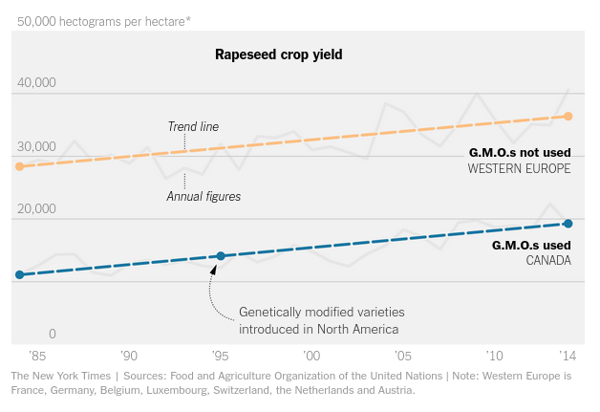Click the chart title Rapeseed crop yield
click(x=278, y=55)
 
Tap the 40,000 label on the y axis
click(x=36, y=83)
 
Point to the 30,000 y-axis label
click(x=36, y=146)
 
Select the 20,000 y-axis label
click(x=36, y=208)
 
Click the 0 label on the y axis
click(x=53, y=334)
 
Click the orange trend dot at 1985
click(x=19, y=166)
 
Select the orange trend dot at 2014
click(x=568, y=117)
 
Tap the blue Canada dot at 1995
click(x=221, y=256)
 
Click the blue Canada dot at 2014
click(x=568, y=224)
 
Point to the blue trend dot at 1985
click(x=19, y=274)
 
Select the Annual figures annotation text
click(x=203, y=196)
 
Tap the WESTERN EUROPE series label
click(x=519, y=168)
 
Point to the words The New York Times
click(x=62, y=377)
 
